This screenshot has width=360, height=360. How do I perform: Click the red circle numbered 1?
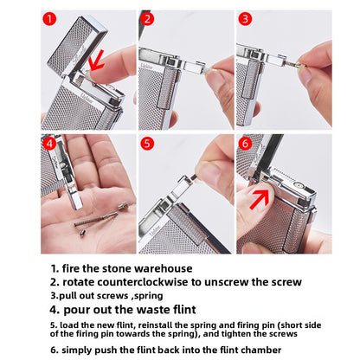pos(50,18)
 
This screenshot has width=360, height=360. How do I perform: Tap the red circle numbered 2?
pos(148,18)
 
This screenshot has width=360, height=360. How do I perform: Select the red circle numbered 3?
pos(246,18)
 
